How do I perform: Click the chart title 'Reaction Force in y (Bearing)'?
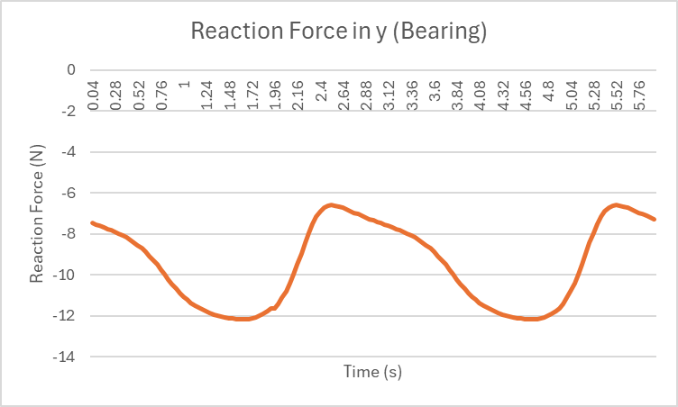tap(339, 32)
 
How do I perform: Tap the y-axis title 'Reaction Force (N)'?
tap(37, 213)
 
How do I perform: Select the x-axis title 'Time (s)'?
tap(372, 371)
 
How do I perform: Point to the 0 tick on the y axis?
tap(70, 69)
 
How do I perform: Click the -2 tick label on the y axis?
tap(67, 111)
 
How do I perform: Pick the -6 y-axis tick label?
tap(67, 193)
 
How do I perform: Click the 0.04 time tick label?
tap(93, 95)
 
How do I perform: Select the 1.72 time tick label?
tap(252, 95)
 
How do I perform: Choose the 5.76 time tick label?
tap(640, 95)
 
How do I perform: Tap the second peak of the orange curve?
tap(616, 204)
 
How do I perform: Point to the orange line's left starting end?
tap(92, 222)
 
